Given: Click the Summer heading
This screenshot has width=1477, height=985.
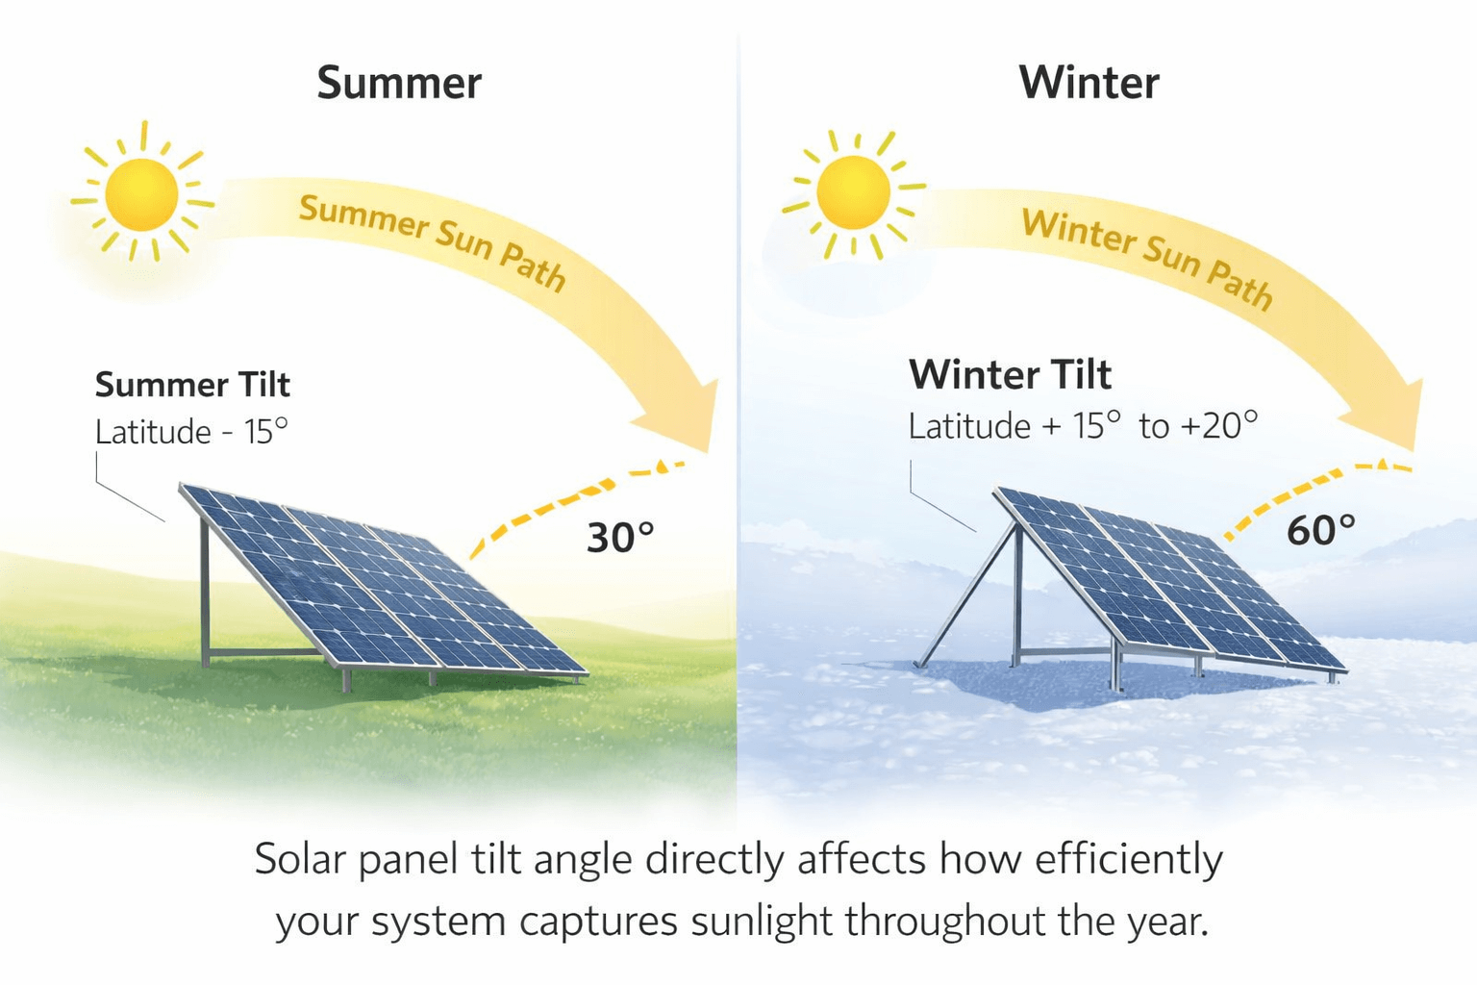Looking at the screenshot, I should point(399,83).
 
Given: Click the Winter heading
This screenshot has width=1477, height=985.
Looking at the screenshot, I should point(1089,83).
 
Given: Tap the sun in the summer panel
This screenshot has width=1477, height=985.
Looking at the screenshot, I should point(142,194).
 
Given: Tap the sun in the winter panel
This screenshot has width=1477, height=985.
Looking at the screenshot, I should point(853,192).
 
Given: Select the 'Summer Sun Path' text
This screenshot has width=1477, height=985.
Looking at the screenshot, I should point(432,241).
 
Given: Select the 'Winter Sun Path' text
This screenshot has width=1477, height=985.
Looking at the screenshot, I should point(1147,257).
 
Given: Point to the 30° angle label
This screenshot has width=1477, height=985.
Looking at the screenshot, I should point(620,538).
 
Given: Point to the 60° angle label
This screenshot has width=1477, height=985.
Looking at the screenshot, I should point(1320,530).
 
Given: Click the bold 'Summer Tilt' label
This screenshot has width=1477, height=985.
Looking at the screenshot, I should point(192,385).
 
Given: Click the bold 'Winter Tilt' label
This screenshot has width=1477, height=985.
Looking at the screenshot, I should point(1010,374).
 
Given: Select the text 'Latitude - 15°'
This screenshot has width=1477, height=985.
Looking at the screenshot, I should point(191,432).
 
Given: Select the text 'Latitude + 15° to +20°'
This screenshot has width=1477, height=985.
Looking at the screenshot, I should point(1083,425).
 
